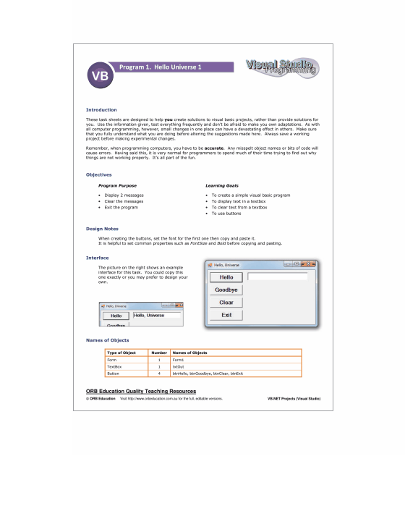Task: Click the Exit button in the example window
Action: (226, 315)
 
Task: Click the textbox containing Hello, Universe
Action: (156, 316)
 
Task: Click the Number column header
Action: (158, 352)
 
